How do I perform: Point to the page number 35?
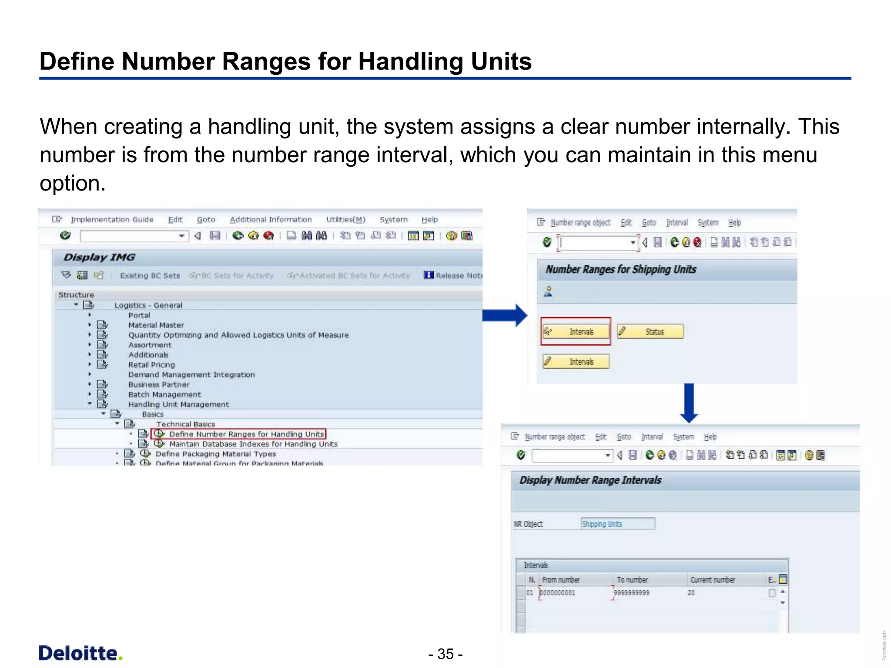point(445,654)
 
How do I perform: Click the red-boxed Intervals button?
point(576,332)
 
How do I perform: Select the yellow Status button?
point(650,332)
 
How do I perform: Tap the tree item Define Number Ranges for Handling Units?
point(246,434)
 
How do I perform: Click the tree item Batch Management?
point(164,394)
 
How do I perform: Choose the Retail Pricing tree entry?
point(151,365)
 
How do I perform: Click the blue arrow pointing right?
point(505,315)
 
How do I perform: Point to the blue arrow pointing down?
point(689,403)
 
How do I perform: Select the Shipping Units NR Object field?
point(618,524)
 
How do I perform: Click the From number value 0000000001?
point(558,593)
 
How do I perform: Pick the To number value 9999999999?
point(631,593)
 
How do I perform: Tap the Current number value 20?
point(691,593)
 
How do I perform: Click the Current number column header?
point(713,580)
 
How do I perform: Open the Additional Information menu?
point(271,220)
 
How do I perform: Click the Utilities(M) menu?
point(346,220)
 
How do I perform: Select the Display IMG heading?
point(99,257)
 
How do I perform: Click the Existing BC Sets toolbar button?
point(150,276)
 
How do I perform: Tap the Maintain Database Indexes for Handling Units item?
point(253,444)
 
